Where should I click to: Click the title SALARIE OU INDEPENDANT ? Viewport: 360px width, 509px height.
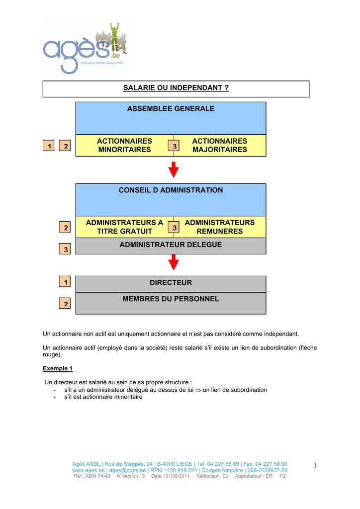point(176,88)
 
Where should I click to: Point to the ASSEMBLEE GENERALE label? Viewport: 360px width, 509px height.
point(171,109)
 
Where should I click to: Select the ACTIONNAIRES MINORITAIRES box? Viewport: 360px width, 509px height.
point(124,146)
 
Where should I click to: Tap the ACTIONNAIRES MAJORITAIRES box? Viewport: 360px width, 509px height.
point(219,146)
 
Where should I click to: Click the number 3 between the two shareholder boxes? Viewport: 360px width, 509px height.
point(174,146)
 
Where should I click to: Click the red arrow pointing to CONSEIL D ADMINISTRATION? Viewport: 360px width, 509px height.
point(174,170)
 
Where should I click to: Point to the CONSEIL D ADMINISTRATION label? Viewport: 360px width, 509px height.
point(171,190)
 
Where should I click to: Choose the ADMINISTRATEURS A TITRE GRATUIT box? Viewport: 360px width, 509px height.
point(124,227)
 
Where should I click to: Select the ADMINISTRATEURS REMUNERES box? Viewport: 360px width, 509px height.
point(219,227)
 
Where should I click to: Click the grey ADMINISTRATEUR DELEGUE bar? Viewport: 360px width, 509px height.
point(171,245)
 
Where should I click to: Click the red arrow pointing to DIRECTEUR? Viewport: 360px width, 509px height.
point(174,261)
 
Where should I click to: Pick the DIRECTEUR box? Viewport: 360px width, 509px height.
point(171,283)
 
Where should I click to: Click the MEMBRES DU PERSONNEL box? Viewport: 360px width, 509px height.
point(171,300)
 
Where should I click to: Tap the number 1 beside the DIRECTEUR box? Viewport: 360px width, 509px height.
point(65,282)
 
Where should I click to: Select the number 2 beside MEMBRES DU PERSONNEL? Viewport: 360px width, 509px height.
point(65,303)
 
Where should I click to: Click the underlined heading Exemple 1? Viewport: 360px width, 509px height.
point(58,368)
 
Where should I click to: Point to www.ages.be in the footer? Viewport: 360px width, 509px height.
point(89,470)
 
